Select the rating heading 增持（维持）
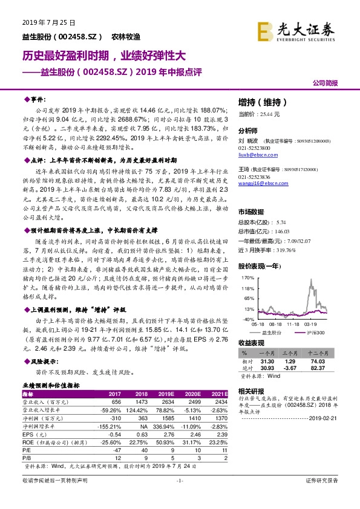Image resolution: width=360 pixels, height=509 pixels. [x=260, y=102]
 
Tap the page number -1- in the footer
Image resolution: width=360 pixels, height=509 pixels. [x=179, y=497]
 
